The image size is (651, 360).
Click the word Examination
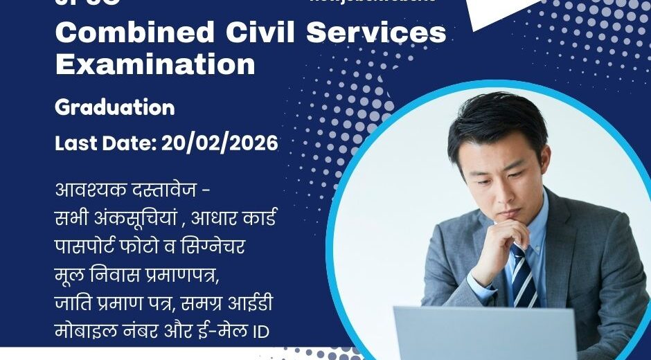pos(155,64)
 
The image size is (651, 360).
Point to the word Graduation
pos(115,107)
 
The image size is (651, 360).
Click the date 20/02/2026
pos(220,143)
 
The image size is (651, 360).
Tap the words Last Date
pos(105,143)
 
